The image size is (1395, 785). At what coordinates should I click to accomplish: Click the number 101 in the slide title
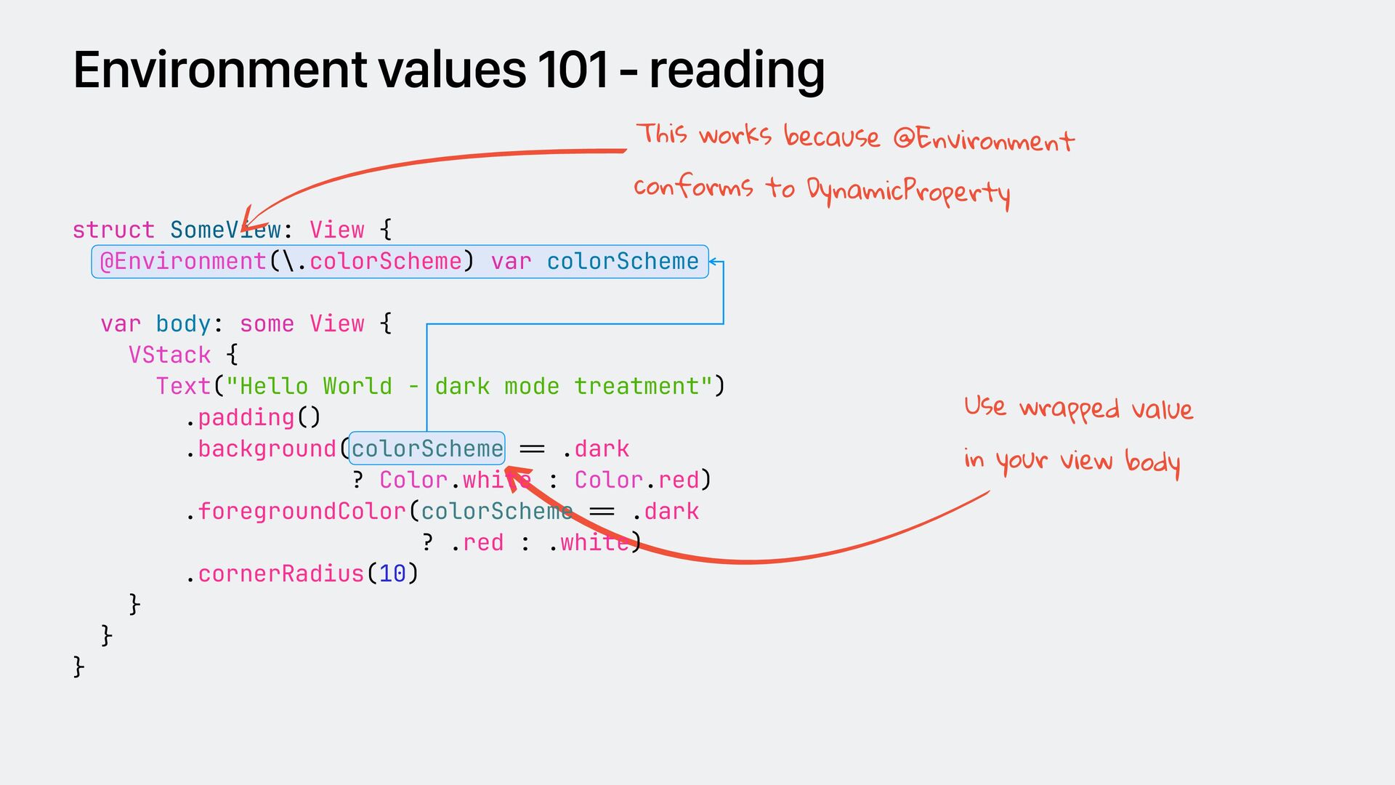point(573,71)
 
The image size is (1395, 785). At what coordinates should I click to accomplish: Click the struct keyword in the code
point(113,230)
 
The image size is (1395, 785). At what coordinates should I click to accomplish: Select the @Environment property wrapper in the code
point(183,262)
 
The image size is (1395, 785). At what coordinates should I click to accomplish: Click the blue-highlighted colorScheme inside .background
point(427,448)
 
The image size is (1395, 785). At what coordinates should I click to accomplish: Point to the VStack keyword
point(169,355)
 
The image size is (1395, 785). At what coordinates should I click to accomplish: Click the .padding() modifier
point(253,418)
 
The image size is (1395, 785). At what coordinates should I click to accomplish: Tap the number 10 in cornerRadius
point(392,574)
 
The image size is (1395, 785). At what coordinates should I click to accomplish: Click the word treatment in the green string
point(636,387)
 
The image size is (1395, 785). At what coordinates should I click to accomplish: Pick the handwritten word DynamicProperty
point(908,192)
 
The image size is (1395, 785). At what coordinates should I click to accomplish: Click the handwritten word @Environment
point(984,139)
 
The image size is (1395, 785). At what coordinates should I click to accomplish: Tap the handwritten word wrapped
point(1069,410)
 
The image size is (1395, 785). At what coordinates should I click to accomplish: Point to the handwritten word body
point(1152,462)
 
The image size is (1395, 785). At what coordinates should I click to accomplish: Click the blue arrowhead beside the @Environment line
point(713,261)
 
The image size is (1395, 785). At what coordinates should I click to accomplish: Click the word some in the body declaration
point(267,324)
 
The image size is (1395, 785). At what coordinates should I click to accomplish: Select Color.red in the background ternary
point(636,480)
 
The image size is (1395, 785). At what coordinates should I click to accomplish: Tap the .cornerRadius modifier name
point(280,574)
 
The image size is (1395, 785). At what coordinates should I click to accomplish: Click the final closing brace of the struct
point(78,667)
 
